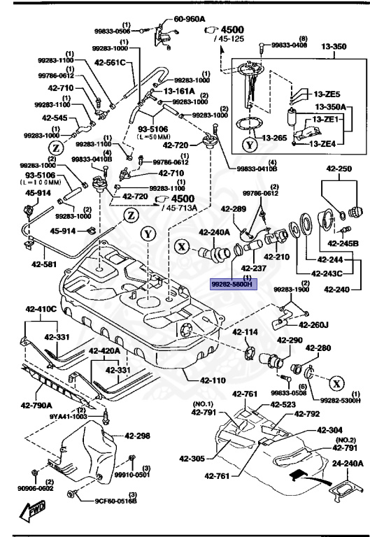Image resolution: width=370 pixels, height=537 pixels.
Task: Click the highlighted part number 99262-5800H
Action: [234, 285]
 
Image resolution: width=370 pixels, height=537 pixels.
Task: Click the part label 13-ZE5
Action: [327, 94]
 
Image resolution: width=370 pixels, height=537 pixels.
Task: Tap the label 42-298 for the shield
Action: [138, 436]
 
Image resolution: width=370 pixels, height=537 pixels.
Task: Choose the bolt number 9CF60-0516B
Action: [116, 501]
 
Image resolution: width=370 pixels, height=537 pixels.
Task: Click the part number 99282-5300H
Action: [341, 401]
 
